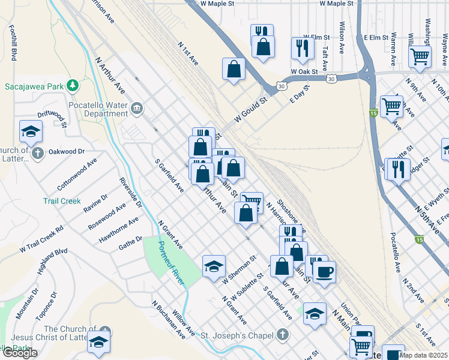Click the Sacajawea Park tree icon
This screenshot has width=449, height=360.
pyautogui.click(x=73, y=86)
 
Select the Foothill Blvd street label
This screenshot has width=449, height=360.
pyautogui.click(x=13, y=43)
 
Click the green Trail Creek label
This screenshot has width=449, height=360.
pyautogui.click(x=62, y=201)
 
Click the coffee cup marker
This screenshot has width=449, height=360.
pyautogui.click(x=324, y=272)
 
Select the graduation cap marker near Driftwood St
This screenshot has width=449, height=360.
pyautogui.click(x=31, y=131)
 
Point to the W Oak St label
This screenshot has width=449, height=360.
pyautogui.click(x=304, y=71)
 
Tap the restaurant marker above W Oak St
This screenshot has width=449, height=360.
pyautogui.click(x=303, y=47)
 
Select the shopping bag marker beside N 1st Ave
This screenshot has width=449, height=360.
pyautogui.click(x=234, y=68)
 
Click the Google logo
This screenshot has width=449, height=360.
pyautogui.click(x=19, y=353)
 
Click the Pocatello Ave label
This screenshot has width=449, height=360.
pyautogui.click(x=395, y=252)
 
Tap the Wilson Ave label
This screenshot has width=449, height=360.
pyautogui.click(x=342, y=35)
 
